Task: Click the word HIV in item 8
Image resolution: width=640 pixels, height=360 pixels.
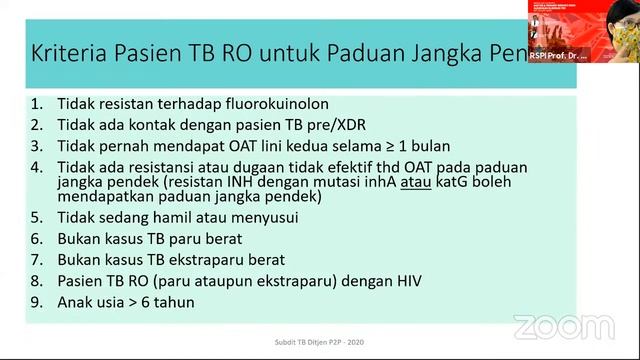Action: coord(403,280)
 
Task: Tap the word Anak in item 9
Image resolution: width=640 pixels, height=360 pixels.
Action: coord(78,301)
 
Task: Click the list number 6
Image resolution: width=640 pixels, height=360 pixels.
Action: coord(36,238)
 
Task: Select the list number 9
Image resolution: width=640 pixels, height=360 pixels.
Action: coord(36,301)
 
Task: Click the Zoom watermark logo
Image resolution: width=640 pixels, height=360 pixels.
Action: coord(563,327)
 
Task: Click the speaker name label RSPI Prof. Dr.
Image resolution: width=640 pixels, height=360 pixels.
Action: coord(558,55)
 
